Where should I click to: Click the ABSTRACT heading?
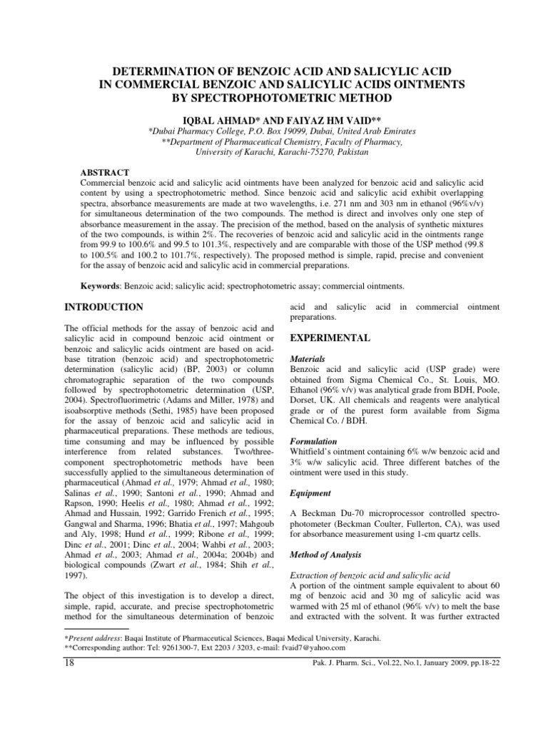coord(106,173)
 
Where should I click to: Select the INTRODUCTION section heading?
coord(105,307)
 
